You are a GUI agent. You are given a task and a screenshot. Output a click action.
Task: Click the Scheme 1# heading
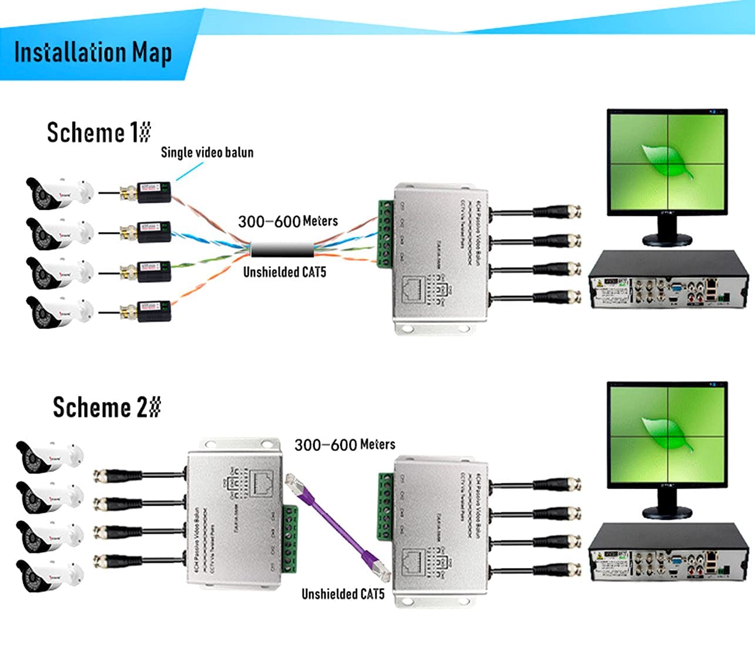tap(99, 132)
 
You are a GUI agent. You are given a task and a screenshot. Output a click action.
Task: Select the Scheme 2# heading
tap(106, 407)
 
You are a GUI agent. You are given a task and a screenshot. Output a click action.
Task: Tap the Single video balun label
tap(207, 153)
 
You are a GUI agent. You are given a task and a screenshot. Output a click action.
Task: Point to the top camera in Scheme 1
tap(59, 193)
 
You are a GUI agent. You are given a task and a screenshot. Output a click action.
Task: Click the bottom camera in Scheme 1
tap(59, 311)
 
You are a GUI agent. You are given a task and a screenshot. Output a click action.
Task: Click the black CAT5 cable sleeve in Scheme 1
tap(282, 249)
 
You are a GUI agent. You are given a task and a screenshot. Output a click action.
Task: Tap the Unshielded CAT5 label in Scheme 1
tap(284, 272)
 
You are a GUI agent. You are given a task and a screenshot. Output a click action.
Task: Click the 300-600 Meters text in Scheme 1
tap(287, 221)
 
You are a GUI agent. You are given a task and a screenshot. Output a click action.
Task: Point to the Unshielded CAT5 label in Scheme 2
tap(343, 594)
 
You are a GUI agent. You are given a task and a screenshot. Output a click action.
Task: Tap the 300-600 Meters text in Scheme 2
tap(344, 445)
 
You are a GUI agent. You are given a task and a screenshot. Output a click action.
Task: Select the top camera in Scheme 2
tap(49, 457)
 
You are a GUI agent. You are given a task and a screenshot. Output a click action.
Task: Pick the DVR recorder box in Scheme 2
tap(669, 554)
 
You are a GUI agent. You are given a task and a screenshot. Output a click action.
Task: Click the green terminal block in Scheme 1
tap(385, 234)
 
